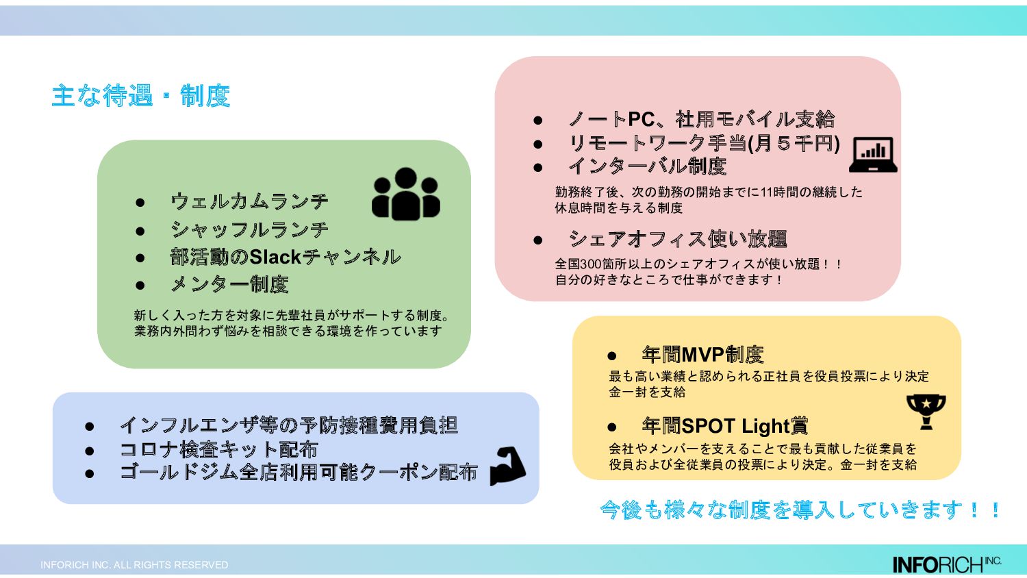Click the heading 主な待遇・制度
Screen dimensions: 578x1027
140,96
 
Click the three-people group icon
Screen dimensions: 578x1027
405,194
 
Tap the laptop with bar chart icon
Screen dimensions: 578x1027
873,155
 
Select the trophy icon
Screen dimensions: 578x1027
926,412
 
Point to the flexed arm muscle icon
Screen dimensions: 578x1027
507,466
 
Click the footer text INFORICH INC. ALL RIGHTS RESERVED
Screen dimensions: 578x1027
134,565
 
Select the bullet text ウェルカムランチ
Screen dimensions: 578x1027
249,202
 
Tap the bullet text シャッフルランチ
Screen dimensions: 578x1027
249,229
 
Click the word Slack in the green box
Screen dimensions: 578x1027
275,257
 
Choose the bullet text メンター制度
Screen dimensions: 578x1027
229,284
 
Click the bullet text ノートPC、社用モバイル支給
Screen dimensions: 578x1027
701,120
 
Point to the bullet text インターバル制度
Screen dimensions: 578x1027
647,166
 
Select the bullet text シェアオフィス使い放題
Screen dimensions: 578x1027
678,239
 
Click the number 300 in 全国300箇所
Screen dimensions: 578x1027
591,264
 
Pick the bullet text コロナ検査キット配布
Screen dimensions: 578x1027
218,449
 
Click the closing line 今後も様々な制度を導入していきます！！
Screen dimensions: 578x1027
800,510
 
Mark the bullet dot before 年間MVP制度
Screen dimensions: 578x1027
612,355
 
